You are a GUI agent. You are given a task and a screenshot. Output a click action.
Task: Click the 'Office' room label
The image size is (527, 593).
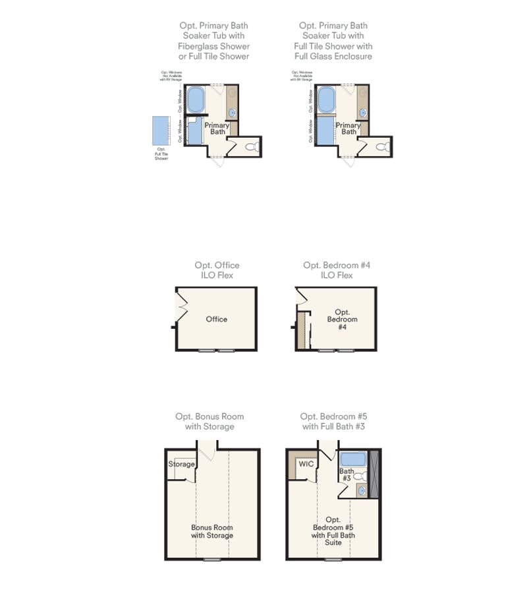click(216, 319)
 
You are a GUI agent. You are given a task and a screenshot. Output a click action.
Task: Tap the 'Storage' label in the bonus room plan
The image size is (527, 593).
click(181, 464)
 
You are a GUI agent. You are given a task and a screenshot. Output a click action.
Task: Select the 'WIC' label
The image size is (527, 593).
click(306, 464)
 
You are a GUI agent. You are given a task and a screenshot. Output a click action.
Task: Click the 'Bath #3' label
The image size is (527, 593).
click(347, 474)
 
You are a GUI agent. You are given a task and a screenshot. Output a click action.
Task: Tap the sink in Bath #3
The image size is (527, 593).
click(362, 490)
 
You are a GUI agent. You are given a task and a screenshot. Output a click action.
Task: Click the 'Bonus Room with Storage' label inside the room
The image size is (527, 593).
click(212, 531)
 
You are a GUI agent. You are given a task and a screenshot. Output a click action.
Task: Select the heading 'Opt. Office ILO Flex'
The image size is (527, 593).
click(217, 270)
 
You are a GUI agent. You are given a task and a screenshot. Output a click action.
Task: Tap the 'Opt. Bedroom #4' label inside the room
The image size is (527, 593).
click(342, 320)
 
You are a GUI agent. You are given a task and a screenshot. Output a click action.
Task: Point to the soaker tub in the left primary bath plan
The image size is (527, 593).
click(196, 100)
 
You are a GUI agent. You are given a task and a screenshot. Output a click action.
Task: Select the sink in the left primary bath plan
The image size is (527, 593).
click(233, 113)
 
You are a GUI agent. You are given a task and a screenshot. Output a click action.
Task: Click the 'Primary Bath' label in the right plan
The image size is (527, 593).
click(348, 128)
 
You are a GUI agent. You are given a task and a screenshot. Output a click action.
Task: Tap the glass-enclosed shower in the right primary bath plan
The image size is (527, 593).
click(325, 130)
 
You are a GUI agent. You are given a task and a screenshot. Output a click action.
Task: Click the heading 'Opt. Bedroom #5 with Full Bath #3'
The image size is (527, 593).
click(333, 422)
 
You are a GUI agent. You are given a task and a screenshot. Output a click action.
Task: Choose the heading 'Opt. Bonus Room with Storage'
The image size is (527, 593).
click(209, 422)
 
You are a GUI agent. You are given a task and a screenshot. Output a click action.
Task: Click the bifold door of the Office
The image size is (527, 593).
click(181, 306)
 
